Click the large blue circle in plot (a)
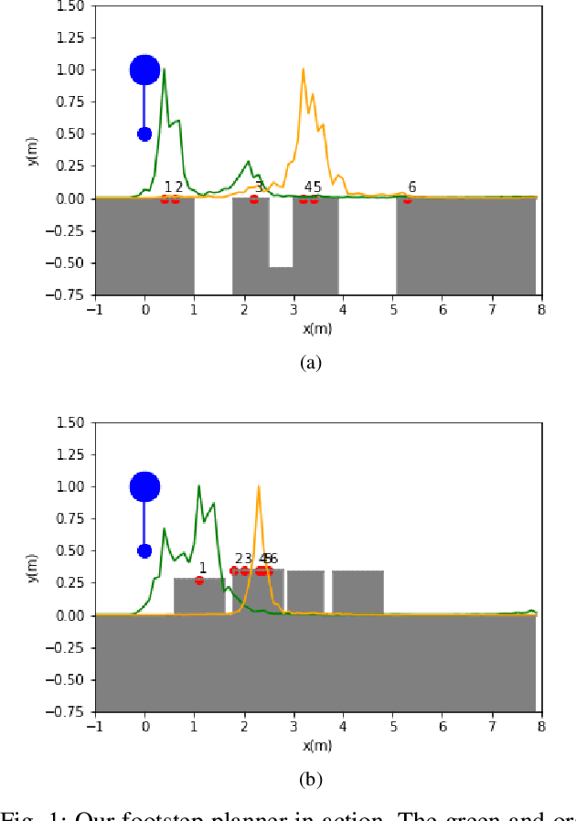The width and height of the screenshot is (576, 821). coord(144,69)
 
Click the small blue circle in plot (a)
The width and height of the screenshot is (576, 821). coord(144,133)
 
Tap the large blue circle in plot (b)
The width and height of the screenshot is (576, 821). coord(144,486)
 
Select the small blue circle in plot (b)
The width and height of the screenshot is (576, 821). coord(144,550)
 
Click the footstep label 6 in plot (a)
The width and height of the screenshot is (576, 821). coord(412,187)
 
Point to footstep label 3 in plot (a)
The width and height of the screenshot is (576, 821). coord(259,187)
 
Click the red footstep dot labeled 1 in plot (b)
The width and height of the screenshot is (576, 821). coord(199,580)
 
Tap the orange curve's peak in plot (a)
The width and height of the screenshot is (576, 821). coord(303,70)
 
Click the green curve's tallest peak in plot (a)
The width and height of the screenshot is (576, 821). coord(165,70)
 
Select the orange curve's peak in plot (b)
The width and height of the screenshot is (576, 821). coord(259,487)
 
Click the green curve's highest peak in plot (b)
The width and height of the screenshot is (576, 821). coord(199,487)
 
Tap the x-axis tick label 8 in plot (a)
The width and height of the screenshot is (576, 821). coord(541,309)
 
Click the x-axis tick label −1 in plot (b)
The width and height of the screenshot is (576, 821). coord(94,726)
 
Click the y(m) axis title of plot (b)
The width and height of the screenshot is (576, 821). coord(33,567)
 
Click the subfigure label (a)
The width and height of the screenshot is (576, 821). coord(311,363)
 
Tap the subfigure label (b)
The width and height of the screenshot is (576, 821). coord(311,780)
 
